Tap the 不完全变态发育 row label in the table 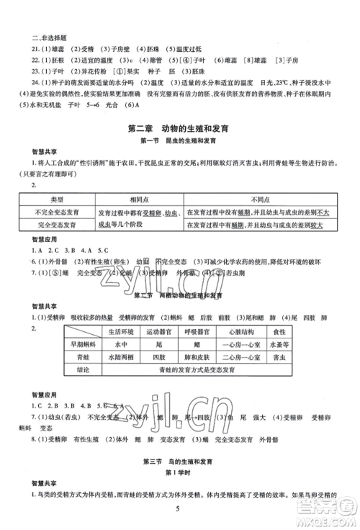coord(59,211)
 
